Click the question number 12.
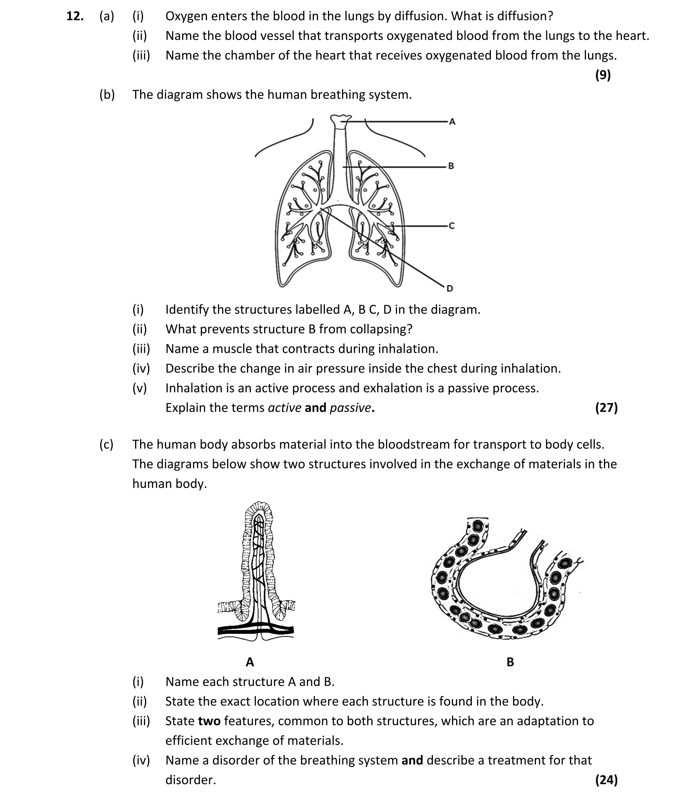click(x=75, y=16)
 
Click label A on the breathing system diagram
click(x=452, y=122)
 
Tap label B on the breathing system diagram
click(x=451, y=166)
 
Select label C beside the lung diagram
click(x=451, y=225)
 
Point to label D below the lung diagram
click(x=450, y=288)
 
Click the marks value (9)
click(x=603, y=75)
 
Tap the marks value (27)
click(x=606, y=407)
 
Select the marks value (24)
click(x=606, y=779)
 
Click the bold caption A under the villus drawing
click(x=250, y=662)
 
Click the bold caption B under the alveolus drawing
click(x=510, y=662)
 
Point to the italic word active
click(x=284, y=408)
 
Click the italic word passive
click(x=350, y=408)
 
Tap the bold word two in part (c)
click(x=209, y=721)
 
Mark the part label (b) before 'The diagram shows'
click(x=107, y=95)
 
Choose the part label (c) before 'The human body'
click(x=107, y=444)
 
